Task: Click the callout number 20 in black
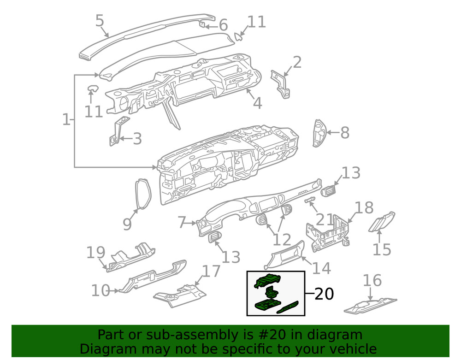[324, 294]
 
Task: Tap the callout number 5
[100, 21]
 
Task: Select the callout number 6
[224, 25]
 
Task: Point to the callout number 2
[297, 62]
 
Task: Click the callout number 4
[258, 103]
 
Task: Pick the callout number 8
[345, 133]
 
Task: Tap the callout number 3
[137, 139]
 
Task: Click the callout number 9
[127, 224]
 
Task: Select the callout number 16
[372, 280]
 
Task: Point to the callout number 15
[382, 250]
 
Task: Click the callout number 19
[96, 252]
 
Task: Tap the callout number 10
[101, 290]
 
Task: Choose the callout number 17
[211, 271]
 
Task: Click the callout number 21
[325, 219]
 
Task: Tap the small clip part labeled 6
[203, 24]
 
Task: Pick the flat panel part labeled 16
[371, 306]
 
